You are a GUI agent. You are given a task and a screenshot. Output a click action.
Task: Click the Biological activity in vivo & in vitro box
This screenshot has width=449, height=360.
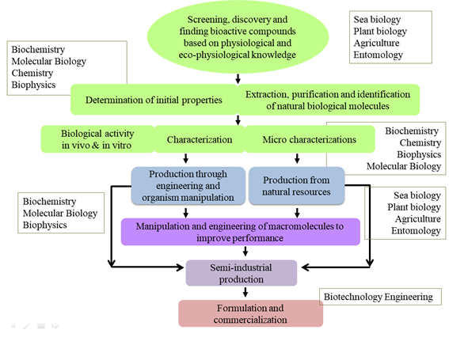(96, 139)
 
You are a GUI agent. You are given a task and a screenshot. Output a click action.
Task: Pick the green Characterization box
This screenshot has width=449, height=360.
(199, 139)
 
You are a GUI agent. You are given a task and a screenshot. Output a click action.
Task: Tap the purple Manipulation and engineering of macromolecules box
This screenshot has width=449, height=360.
(240, 231)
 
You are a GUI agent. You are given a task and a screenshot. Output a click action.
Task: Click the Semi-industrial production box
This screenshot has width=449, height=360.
(240, 273)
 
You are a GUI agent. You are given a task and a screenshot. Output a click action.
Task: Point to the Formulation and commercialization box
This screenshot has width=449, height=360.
(250, 313)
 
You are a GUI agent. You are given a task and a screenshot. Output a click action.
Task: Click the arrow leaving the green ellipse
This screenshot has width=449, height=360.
(238, 78)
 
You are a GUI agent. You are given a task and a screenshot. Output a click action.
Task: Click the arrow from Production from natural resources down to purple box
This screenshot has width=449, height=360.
(297, 211)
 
